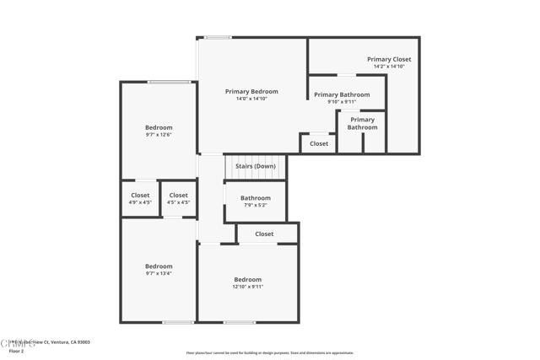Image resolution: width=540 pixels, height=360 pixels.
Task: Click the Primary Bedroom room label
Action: [x=251, y=91]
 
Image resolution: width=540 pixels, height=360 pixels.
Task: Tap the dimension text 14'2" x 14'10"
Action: [x=389, y=66]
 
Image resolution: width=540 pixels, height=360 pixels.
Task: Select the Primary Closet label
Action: [x=389, y=59]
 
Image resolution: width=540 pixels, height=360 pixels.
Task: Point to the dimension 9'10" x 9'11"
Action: [x=342, y=101]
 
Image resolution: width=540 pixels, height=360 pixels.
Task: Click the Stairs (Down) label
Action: [x=255, y=166]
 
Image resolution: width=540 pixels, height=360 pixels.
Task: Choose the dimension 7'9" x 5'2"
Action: [x=255, y=205]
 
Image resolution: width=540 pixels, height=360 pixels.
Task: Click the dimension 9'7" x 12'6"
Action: [x=158, y=134]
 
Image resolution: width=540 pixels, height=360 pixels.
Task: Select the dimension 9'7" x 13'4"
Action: [x=158, y=273]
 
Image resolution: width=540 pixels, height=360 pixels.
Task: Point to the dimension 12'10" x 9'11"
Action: [x=247, y=287]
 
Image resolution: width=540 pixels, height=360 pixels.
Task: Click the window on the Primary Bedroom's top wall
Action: [x=218, y=37]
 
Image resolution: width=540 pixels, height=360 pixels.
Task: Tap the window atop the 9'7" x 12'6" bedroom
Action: [x=169, y=82]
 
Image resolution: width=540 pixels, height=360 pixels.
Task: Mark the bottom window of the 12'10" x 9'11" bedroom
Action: [x=240, y=322]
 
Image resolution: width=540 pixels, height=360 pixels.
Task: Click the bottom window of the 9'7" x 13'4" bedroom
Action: [x=178, y=322]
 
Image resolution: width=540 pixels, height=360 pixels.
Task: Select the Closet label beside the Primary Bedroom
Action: [x=319, y=144]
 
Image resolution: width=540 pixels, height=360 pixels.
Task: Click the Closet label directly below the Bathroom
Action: [x=264, y=234]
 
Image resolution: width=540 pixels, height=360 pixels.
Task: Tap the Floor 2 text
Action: [x=15, y=351]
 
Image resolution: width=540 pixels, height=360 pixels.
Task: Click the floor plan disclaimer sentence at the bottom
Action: [x=269, y=353]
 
